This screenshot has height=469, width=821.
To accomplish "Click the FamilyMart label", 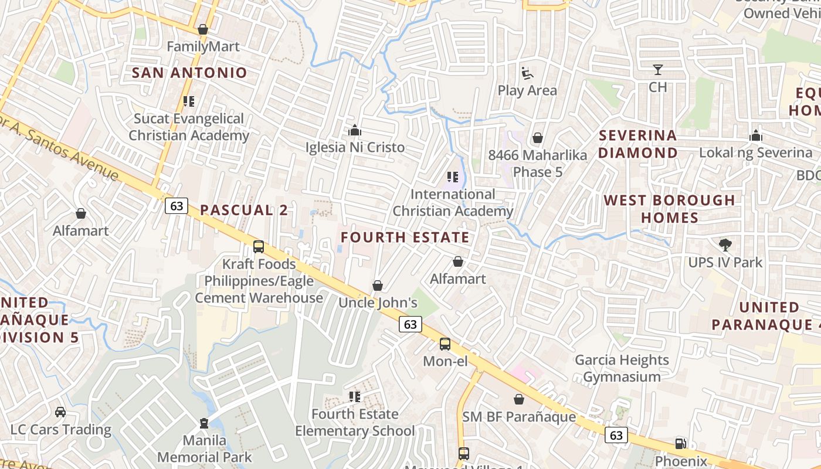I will [203, 46].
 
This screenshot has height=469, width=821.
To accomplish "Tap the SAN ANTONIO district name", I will [189, 73].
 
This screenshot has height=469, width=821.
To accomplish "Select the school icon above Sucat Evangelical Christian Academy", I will [189, 101].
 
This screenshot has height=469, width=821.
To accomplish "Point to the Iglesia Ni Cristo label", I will [355, 147].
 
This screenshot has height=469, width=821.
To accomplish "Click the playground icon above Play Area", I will [527, 74].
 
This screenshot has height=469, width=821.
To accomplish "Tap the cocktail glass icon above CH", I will [658, 70].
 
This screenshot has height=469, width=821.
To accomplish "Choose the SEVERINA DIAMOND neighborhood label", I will [637, 144].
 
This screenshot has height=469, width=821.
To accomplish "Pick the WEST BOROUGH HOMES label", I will [669, 209].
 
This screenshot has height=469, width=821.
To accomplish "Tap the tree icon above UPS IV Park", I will [725, 245].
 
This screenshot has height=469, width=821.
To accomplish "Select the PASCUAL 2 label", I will [244, 210].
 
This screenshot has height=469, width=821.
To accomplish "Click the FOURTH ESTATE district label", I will [405, 237].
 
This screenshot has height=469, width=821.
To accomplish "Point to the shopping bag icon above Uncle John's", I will [378, 286].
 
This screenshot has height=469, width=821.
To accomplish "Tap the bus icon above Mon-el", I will [445, 344].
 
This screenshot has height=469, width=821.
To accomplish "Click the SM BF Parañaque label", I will [519, 417].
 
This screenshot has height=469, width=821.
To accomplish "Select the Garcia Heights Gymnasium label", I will [622, 368].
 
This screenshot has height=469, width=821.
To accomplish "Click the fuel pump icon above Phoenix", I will [680, 444].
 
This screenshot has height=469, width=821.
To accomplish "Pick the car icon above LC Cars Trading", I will [60, 413].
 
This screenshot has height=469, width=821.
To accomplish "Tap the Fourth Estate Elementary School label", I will [355, 423].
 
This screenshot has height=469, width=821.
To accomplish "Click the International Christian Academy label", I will [453, 202].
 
